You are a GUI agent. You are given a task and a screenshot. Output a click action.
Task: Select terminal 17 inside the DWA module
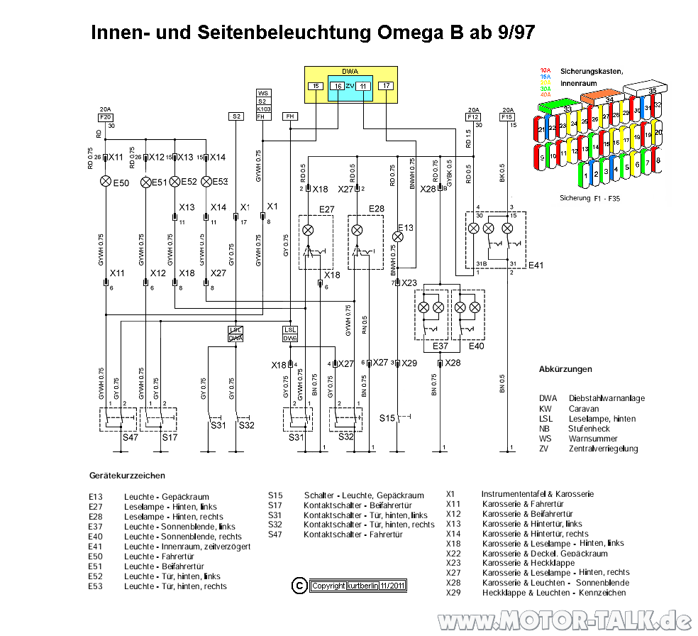385,86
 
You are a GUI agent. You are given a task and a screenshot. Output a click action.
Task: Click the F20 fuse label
106,116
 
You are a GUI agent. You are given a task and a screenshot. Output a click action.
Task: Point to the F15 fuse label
507,116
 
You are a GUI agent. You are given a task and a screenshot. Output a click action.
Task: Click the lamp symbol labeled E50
106,182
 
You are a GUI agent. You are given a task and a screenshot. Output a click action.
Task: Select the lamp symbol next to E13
398,236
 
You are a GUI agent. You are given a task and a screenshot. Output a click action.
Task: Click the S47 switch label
131,437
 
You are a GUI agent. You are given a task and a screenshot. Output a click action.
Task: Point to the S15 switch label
387,418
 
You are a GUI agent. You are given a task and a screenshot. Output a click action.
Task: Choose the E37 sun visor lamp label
441,346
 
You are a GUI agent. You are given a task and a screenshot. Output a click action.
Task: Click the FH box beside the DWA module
289,116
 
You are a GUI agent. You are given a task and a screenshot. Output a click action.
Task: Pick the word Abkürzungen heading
565,369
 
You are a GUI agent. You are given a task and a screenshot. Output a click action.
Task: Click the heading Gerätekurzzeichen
128,475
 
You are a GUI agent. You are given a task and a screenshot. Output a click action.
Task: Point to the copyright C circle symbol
299,585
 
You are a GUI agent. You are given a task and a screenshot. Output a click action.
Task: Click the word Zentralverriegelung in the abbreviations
603,449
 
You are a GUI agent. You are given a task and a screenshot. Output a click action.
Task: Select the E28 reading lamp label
376,209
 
